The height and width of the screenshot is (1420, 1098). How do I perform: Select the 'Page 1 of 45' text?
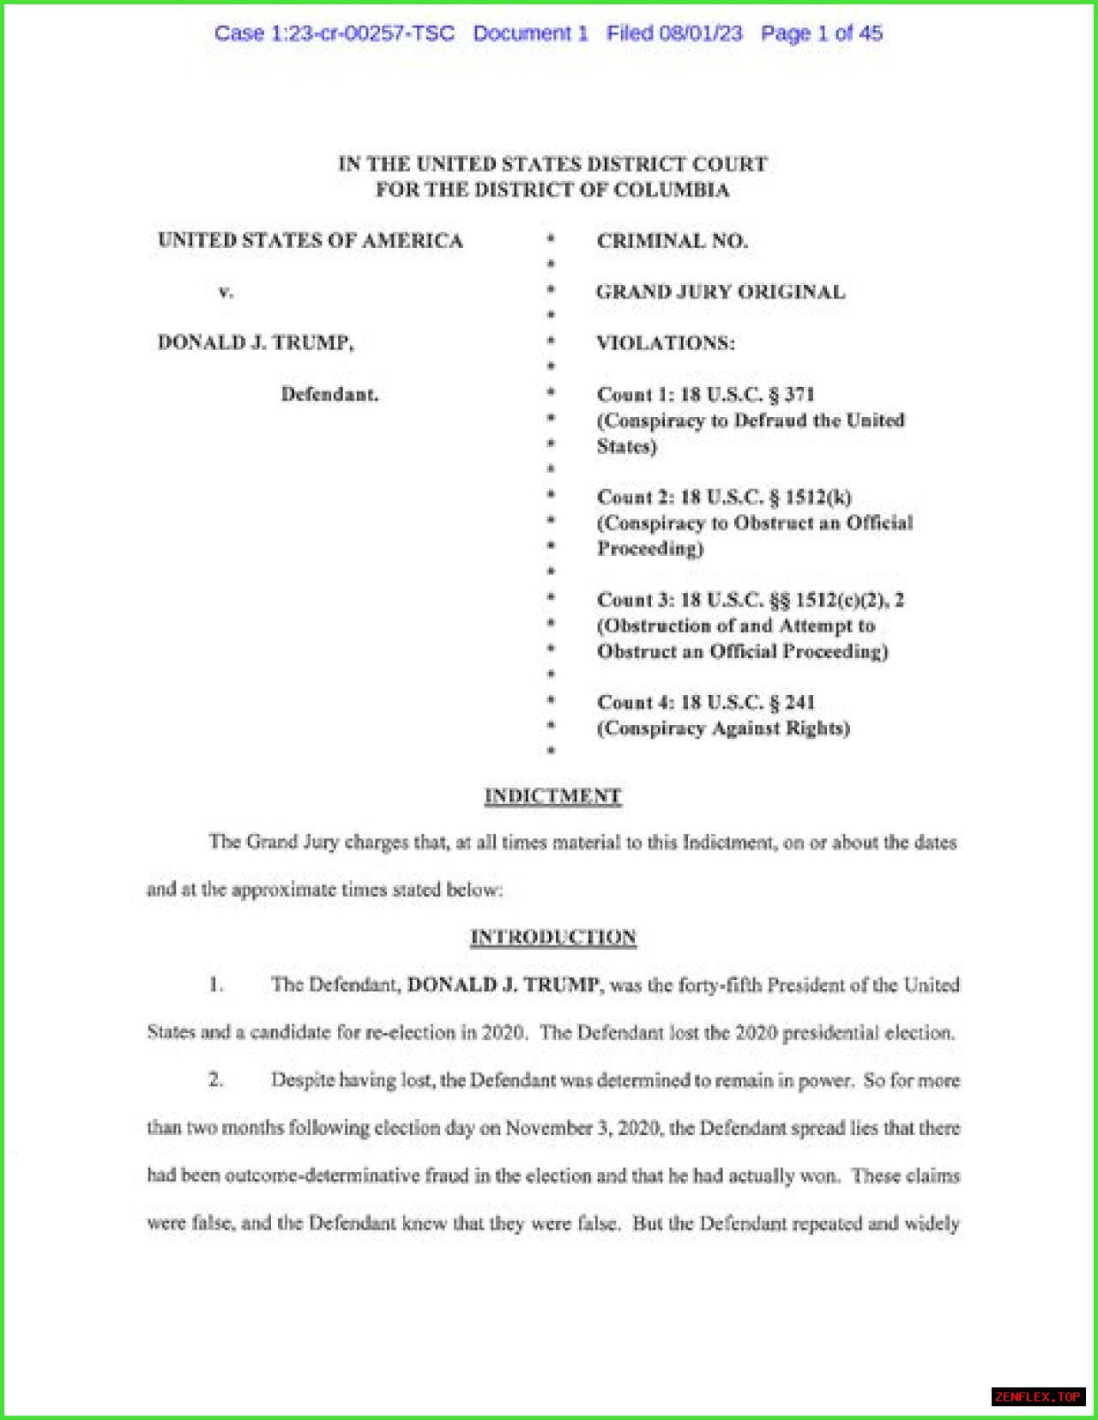[x=822, y=33]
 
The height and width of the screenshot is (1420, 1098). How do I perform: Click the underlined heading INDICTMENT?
[x=552, y=796]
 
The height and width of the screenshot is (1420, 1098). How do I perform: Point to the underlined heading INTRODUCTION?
[x=553, y=937]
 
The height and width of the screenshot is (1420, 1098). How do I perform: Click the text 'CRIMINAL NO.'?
[x=673, y=241]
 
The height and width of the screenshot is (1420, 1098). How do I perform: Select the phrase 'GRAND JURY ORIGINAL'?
[x=721, y=292]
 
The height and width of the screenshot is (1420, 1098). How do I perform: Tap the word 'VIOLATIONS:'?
[x=666, y=343]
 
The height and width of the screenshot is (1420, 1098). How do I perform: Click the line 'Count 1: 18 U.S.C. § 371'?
[x=705, y=395]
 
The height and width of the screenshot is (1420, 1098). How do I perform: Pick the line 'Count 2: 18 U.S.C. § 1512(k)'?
[x=724, y=498]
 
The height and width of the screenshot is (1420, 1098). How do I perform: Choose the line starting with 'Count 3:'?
[x=751, y=600]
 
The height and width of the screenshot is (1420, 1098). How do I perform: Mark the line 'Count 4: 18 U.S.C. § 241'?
[x=705, y=703]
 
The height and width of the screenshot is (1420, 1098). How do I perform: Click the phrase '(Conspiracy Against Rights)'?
[x=723, y=728]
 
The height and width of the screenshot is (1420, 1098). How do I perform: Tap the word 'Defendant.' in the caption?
[x=329, y=395]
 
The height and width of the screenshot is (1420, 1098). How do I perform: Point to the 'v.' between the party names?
[x=225, y=292]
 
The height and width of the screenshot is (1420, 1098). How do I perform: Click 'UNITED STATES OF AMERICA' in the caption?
[x=310, y=240]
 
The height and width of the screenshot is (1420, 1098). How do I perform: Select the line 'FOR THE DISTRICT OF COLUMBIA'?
[x=552, y=190]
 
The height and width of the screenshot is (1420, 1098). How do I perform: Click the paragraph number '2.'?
[x=215, y=1079]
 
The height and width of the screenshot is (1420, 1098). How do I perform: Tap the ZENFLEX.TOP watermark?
[x=1038, y=1397]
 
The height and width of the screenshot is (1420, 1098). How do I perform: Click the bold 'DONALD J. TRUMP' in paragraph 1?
[x=503, y=984]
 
